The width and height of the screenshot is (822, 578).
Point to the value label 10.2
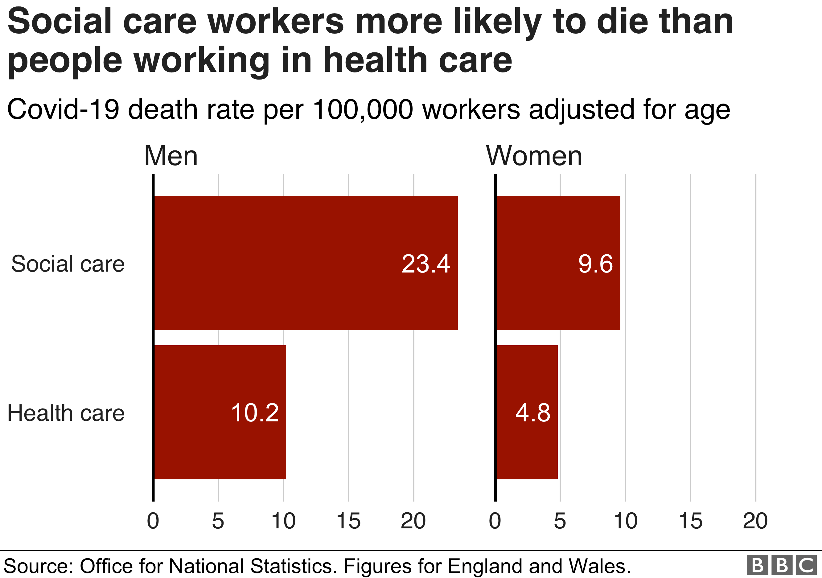255,413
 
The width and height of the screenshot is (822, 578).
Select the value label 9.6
595,264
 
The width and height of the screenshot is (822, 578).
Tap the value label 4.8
533,413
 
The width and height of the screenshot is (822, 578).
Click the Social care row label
68,264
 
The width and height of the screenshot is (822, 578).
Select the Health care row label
66,413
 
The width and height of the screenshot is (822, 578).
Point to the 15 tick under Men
348,521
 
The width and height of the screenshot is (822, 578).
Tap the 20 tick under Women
755,521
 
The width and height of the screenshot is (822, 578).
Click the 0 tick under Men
153,521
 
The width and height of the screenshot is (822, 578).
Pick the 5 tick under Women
560,521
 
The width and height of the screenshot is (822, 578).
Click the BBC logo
782,565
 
